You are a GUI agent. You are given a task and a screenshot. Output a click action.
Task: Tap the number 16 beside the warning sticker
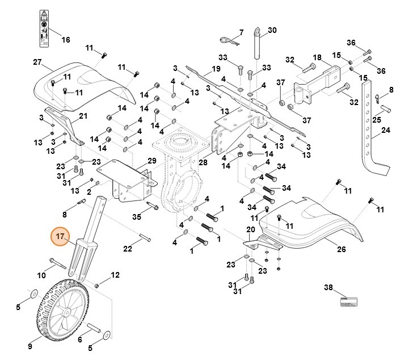pyautogui.click(x=66, y=40)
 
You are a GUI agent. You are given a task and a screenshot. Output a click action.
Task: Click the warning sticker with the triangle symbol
pyautogui.click(x=43, y=27)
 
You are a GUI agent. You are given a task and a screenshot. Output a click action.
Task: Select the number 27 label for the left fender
pyautogui.click(x=37, y=62)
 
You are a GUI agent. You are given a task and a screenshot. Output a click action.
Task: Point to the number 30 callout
pyautogui.click(x=272, y=30)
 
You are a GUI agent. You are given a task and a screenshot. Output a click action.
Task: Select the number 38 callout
pyautogui.click(x=328, y=287)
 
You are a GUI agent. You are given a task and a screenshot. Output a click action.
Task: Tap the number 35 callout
pyautogui.click(x=136, y=216)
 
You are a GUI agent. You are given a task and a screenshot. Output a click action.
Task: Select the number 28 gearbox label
pyautogui.click(x=203, y=163)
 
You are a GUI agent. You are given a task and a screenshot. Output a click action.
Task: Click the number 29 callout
pyautogui.click(x=151, y=161)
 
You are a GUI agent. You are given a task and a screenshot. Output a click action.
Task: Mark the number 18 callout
pyautogui.click(x=317, y=58)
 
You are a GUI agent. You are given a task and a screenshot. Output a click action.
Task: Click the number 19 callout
pyautogui.click(x=216, y=69)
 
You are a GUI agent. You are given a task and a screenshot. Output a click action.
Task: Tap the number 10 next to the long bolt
pyautogui.click(x=42, y=275)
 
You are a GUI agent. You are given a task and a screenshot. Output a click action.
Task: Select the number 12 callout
pyautogui.click(x=115, y=275)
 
